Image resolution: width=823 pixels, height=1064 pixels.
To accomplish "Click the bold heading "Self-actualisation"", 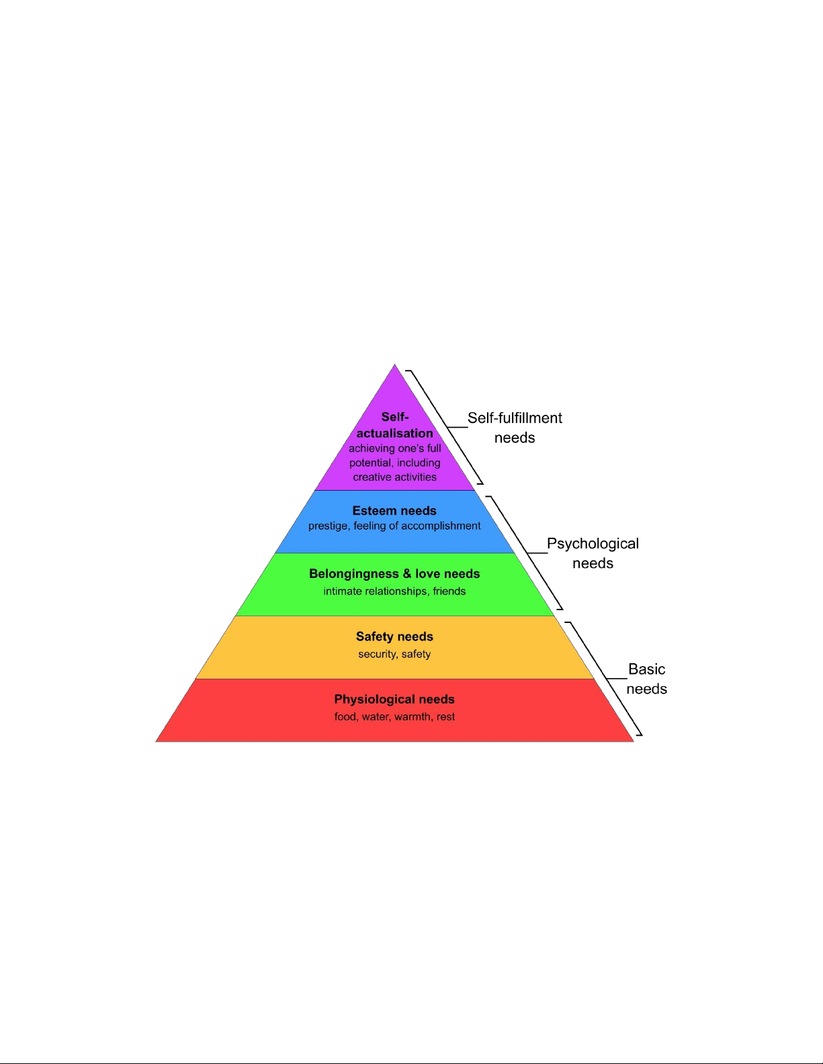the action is (x=395, y=425).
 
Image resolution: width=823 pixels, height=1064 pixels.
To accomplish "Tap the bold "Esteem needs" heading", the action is (x=394, y=511).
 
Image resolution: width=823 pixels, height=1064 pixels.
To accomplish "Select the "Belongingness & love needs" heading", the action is (x=394, y=574).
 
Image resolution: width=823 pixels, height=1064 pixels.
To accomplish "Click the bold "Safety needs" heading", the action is (x=394, y=636).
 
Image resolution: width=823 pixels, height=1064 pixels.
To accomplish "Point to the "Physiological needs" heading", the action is (x=394, y=699).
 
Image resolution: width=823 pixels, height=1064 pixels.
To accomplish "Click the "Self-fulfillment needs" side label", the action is (x=515, y=428).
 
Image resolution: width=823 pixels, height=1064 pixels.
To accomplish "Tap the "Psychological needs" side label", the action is (x=593, y=553).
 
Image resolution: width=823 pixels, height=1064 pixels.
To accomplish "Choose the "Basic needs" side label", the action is (x=646, y=679).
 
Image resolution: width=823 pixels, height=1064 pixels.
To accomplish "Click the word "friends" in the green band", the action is (x=449, y=591).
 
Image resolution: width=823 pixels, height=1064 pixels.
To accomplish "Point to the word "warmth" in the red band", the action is (x=412, y=717).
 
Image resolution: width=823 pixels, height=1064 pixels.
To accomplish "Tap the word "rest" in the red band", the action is (x=446, y=717).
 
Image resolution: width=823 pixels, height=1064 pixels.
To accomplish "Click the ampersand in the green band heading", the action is (x=407, y=574).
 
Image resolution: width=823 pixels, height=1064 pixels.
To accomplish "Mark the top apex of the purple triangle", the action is (x=394, y=365).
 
